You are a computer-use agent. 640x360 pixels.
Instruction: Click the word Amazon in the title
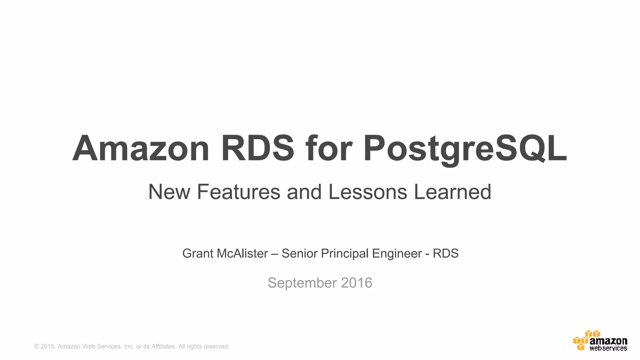point(141,148)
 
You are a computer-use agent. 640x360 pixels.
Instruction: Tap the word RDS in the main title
point(257,148)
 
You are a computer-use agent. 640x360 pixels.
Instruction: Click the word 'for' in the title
point(329,148)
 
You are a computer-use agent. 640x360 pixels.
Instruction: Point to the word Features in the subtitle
point(238,192)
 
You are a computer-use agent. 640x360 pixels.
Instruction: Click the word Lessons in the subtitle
point(368,192)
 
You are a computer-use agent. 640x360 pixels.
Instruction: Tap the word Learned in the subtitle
point(452,192)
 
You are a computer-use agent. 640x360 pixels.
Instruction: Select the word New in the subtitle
point(169,192)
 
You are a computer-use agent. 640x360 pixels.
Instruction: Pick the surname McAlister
point(242,253)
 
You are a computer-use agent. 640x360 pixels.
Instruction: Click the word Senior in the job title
point(299,253)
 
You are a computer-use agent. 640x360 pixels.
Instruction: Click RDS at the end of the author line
point(446,253)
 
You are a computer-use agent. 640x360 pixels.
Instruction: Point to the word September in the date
point(302,283)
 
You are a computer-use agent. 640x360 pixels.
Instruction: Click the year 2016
point(357,283)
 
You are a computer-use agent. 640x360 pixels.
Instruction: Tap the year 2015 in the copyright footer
point(47,347)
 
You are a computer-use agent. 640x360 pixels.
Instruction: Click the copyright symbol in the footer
point(37,347)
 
